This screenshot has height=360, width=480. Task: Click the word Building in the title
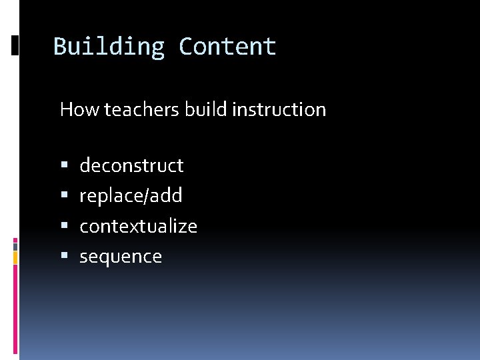[109, 47]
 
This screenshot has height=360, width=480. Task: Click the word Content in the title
[227, 47]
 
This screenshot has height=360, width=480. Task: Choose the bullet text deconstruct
[131, 165]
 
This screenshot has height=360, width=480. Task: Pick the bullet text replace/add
[131, 196]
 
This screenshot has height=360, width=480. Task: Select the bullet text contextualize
[138, 226]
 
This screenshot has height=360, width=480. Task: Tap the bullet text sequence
[121, 257]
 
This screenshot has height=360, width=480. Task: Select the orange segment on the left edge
[15, 257]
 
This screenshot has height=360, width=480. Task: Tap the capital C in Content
[186, 47]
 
